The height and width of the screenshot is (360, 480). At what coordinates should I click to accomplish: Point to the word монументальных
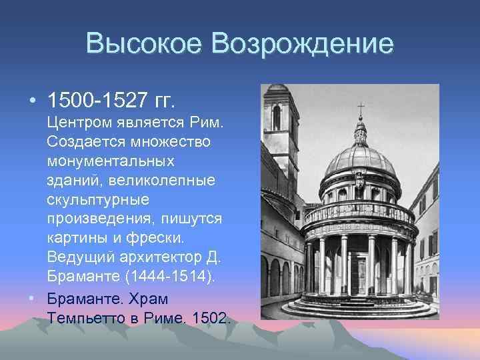click(111, 161)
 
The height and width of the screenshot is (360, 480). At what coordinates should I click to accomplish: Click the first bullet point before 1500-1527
click(32, 101)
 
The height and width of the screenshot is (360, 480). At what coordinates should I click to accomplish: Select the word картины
click(76, 239)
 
